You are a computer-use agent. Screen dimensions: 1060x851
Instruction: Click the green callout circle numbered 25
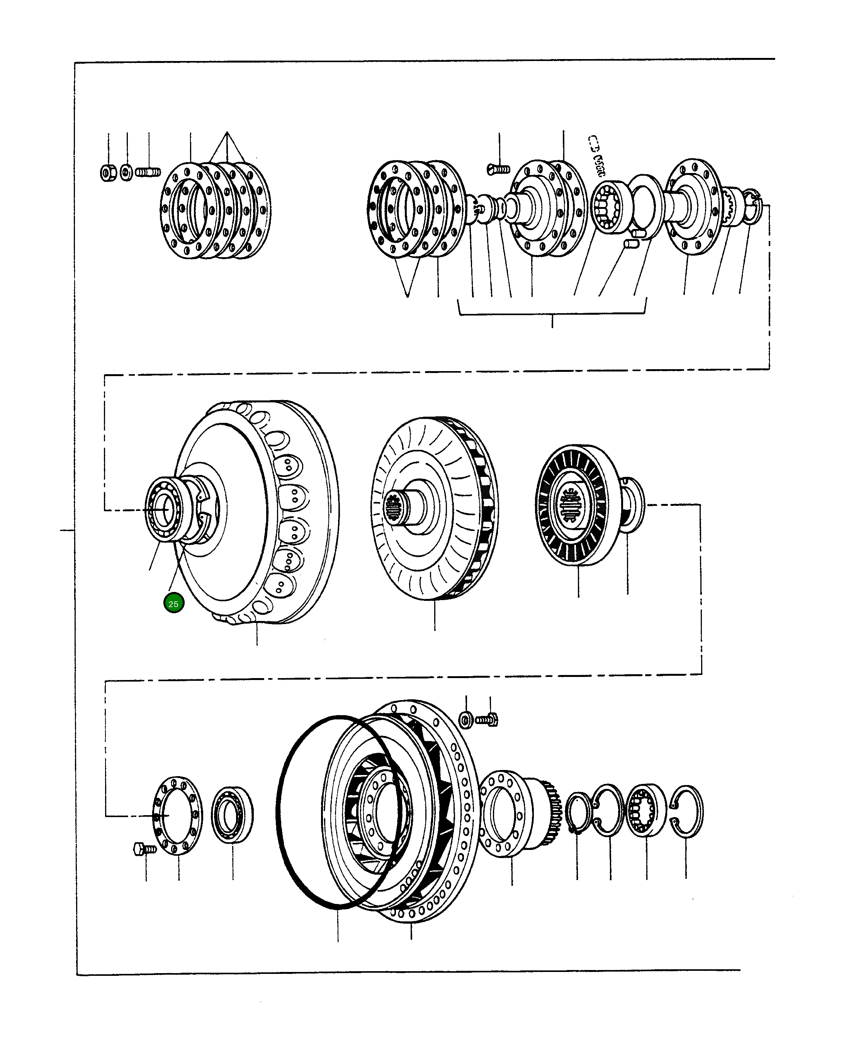(x=173, y=604)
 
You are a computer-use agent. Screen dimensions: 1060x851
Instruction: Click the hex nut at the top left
(x=108, y=173)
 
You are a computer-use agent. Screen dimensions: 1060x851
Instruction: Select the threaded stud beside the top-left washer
(x=148, y=173)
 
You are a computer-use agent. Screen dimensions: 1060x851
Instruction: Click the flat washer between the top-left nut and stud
(x=126, y=173)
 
